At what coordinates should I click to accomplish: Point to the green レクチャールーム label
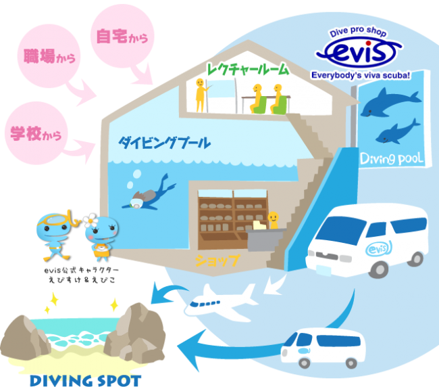point(249,69)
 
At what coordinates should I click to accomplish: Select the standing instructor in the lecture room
point(199,94)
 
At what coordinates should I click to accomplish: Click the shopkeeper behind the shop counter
point(273,220)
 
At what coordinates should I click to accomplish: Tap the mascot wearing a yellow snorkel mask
point(54,233)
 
